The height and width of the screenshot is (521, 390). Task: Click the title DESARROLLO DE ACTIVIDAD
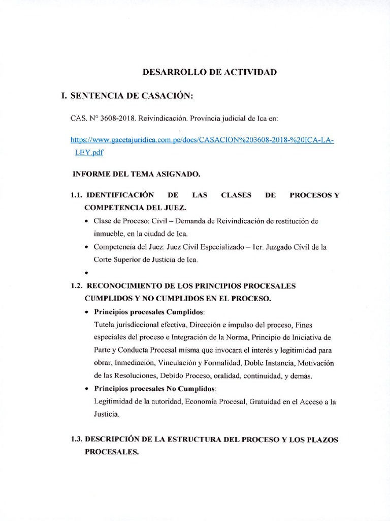[209, 72]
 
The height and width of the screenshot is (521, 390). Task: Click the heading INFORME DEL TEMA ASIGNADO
[137, 174]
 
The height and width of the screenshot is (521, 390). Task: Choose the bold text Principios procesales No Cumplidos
[155, 389]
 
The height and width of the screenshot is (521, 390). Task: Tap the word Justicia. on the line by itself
[107, 415]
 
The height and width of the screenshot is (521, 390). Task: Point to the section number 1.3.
[77, 439]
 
